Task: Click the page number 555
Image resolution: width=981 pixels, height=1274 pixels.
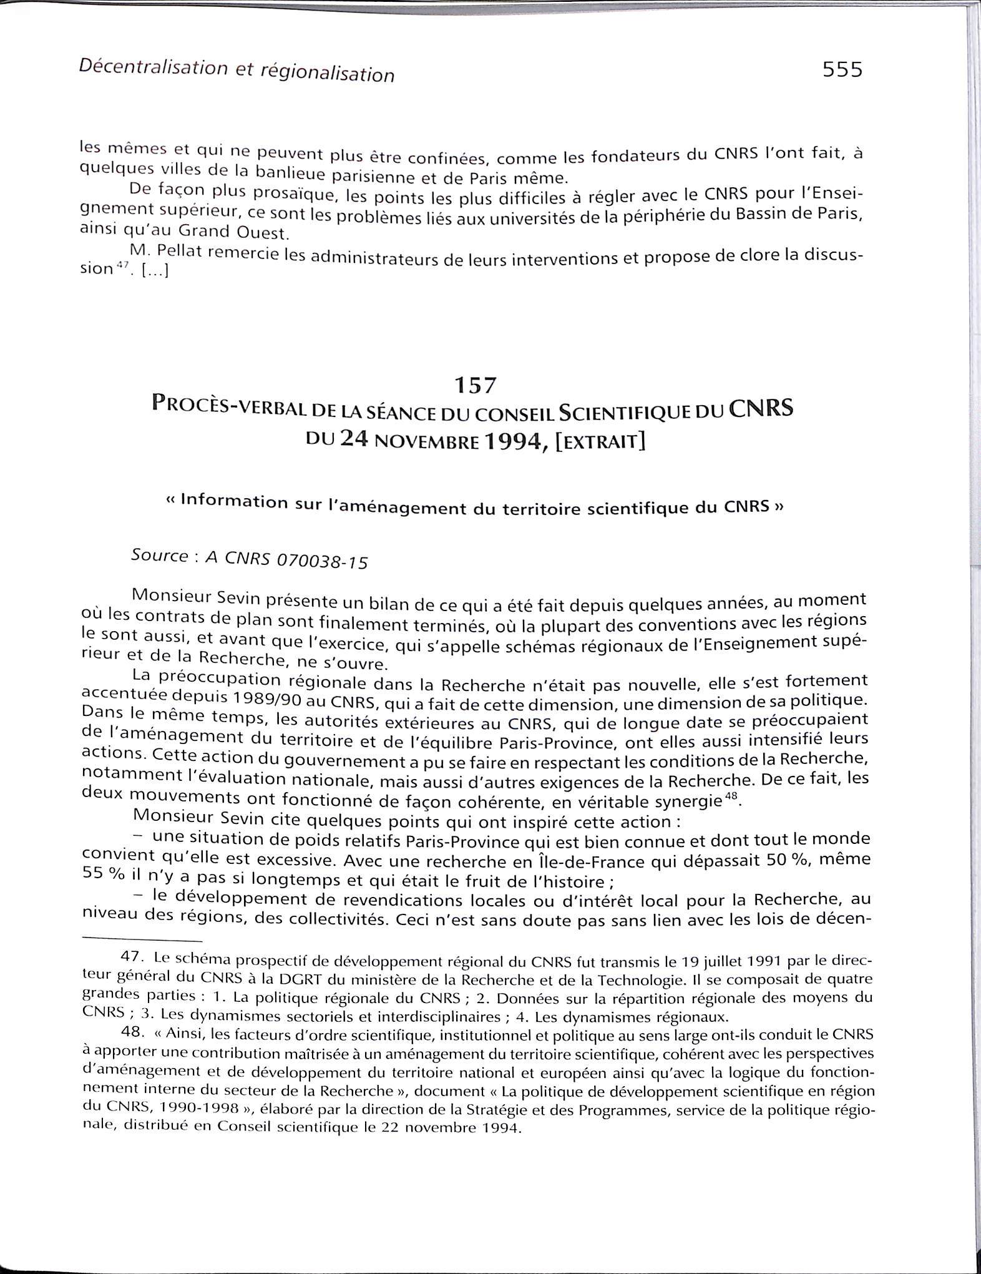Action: [x=842, y=69]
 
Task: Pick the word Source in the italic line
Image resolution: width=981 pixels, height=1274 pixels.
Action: [x=159, y=555]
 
